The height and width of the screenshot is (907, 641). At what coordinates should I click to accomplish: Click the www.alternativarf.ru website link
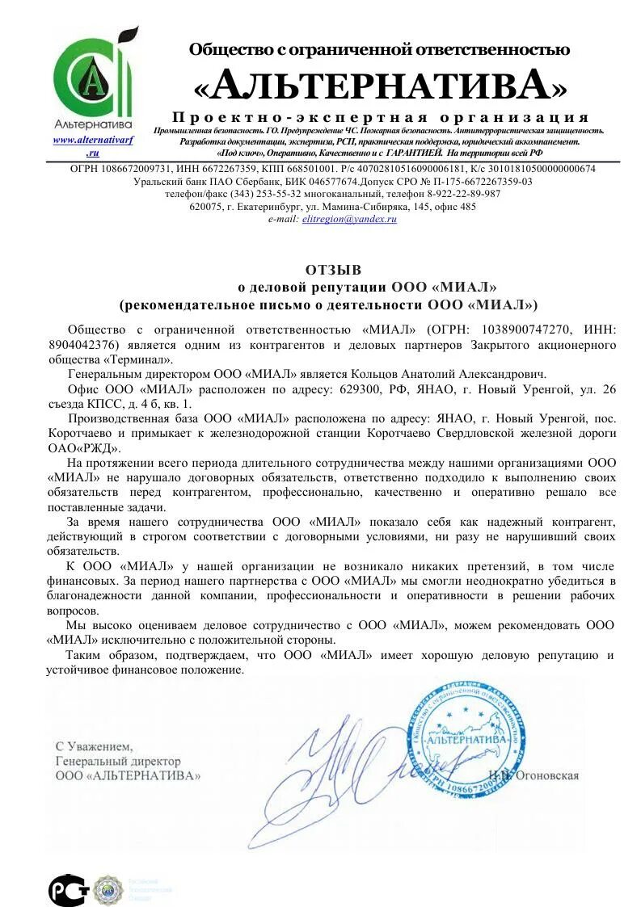(93, 145)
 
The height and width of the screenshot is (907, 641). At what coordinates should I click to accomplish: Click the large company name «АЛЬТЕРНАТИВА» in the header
(380, 84)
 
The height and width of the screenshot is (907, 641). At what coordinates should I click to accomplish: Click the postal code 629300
(361, 389)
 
